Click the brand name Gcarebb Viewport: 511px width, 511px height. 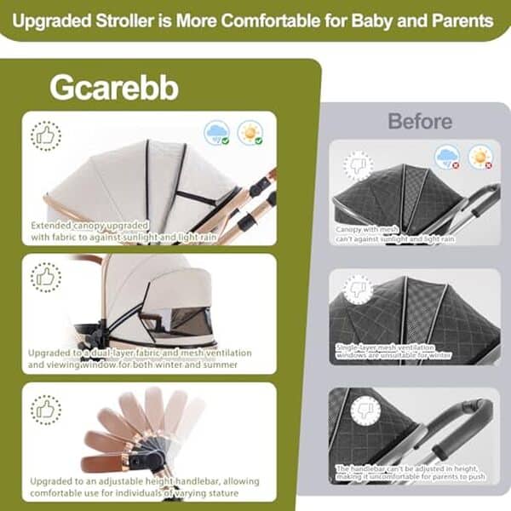[113, 88]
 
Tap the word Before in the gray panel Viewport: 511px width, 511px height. [420, 121]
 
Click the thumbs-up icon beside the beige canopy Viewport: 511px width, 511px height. [45, 136]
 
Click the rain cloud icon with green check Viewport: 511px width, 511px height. [218, 133]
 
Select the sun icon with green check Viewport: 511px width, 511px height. [250, 133]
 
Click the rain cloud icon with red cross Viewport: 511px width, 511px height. [447, 157]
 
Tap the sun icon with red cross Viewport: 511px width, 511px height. [480, 157]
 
